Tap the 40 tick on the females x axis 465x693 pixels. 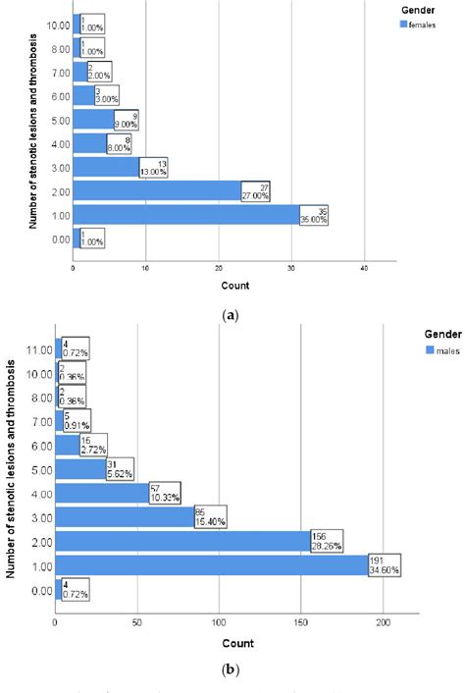364,269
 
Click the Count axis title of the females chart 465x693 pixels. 233,286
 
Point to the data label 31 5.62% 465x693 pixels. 120,468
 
